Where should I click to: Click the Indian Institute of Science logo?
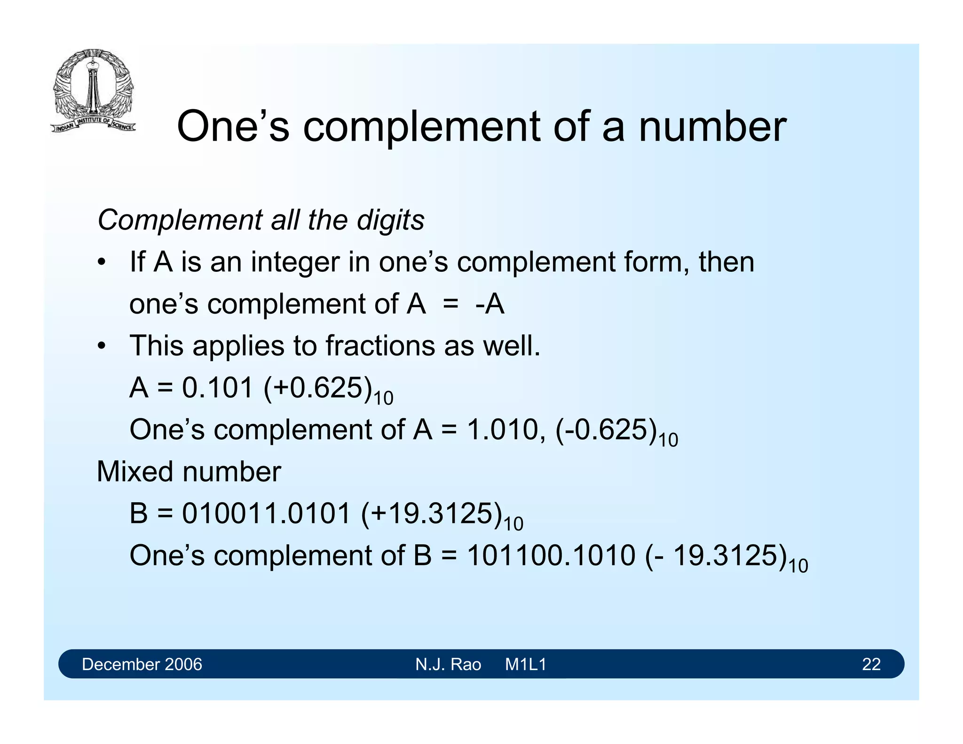93,91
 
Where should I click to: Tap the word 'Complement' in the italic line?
180,220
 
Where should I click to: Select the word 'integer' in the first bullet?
295,262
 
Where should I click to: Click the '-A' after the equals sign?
489,304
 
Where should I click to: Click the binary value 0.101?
218,388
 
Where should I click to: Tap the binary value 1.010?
502,430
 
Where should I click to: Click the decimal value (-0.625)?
606,430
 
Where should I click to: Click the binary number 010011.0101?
266,514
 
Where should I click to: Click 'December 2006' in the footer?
142,664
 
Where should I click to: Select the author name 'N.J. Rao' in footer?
448,664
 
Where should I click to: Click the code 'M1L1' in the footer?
526,664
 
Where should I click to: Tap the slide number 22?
871,664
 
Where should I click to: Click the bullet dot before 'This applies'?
102,347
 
